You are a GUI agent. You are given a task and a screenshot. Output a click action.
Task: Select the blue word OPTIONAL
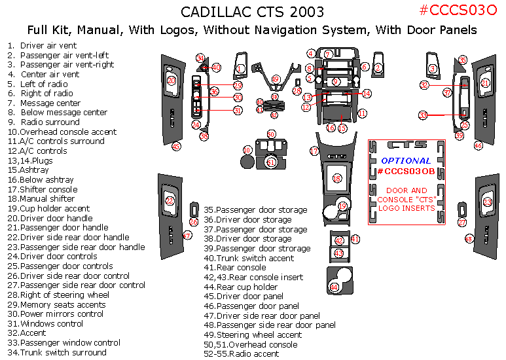click(406, 160)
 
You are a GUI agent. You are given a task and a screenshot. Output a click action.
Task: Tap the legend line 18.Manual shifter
click(42, 198)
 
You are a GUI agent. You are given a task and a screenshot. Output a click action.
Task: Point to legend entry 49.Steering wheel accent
click(253, 334)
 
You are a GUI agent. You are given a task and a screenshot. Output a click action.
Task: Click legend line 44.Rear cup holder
click(240, 287)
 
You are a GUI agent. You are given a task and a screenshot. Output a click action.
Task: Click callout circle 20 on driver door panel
click(171, 81)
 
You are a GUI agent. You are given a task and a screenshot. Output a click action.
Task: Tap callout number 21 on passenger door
click(485, 83)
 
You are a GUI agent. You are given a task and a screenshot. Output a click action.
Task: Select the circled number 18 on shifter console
click(336, 179)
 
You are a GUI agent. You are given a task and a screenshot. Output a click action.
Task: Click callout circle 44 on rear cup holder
click(334, 287)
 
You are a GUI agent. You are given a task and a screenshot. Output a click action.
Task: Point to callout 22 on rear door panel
click(170, 201)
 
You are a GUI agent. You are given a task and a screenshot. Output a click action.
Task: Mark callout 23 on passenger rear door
click(487, 202)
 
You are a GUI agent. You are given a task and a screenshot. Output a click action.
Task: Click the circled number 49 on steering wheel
click(275, 79)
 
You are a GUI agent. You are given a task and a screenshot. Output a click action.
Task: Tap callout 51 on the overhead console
click(271, 161)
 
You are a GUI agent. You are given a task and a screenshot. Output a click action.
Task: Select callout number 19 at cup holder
click(342, 206)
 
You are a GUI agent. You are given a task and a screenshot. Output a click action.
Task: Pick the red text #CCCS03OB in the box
click(405, 171)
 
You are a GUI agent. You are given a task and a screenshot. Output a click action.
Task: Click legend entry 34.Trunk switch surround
click(54, 352)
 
